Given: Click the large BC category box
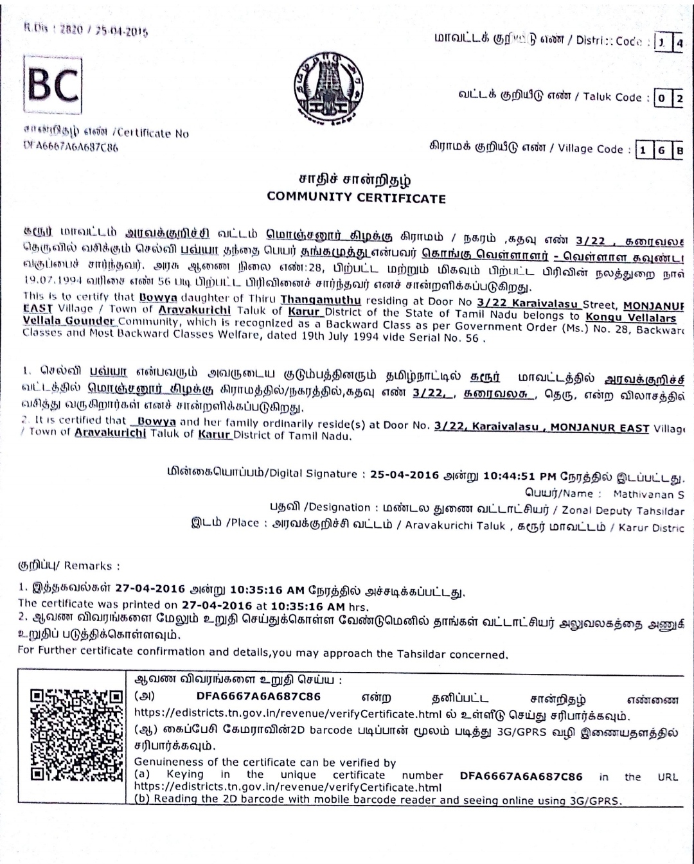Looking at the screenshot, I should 53,86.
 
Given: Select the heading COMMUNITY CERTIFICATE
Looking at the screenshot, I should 356,198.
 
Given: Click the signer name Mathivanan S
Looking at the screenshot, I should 648,495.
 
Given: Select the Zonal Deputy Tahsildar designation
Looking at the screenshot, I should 623,510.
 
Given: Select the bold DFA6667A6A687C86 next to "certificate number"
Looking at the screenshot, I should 521,776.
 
